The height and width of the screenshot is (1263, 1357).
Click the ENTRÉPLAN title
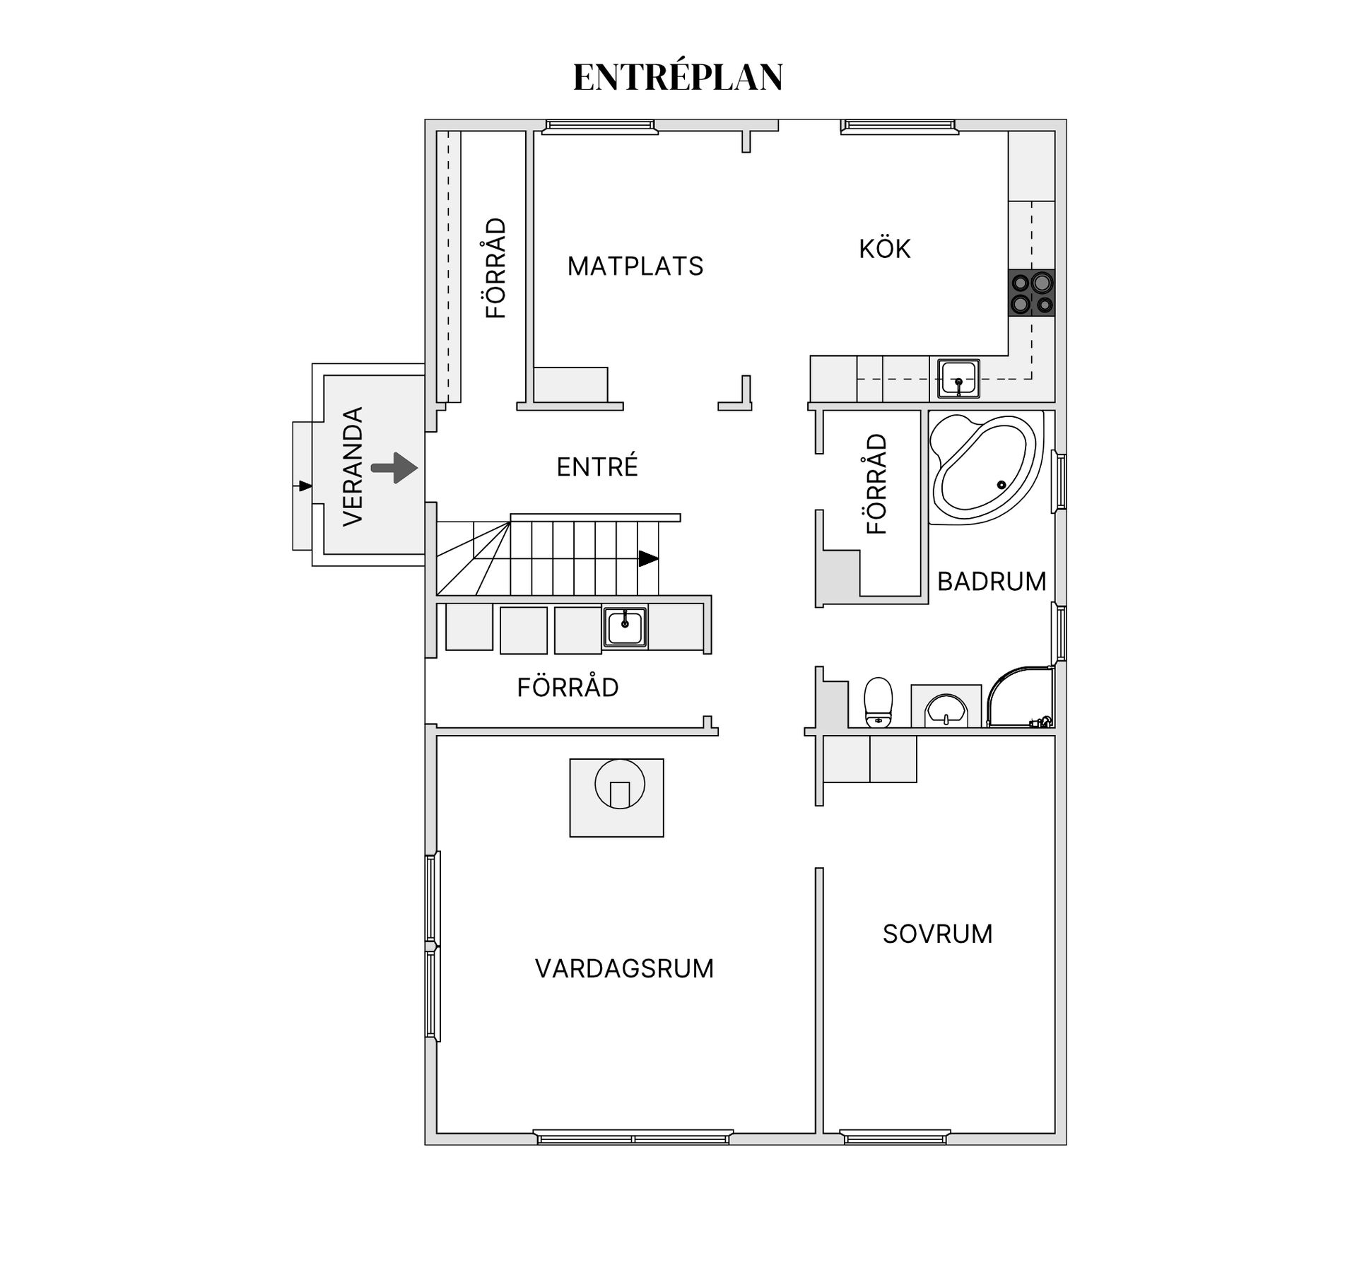678,77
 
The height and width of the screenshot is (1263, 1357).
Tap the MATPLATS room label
635,266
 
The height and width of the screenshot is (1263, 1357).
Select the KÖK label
884,249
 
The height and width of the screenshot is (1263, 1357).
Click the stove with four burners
1032,293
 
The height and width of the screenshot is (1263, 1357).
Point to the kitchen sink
958,377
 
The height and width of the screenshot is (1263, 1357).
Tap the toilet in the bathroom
879,702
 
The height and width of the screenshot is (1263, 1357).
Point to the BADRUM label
991,582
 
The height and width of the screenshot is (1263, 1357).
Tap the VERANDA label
353,466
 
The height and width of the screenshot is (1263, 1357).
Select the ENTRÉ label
597,467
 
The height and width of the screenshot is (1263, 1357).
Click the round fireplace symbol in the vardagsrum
620,784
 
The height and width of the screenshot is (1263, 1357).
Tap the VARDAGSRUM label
624,968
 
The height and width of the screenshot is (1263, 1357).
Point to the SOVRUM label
937,934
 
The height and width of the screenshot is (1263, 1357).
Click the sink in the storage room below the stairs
625,626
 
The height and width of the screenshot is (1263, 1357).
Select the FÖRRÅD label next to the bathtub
876,484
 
